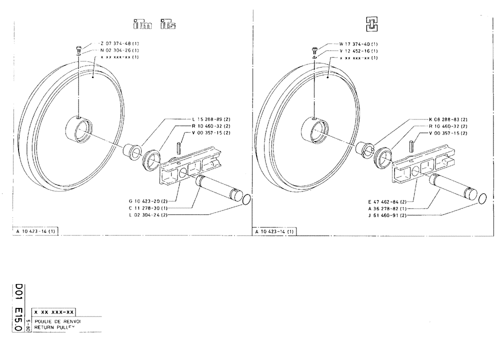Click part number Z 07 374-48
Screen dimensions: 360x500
(x=117, y=44)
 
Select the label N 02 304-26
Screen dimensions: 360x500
(x=117, y=50)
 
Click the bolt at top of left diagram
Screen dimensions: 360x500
(x=78, y=49)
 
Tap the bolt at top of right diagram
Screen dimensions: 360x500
(x=313, y=49)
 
